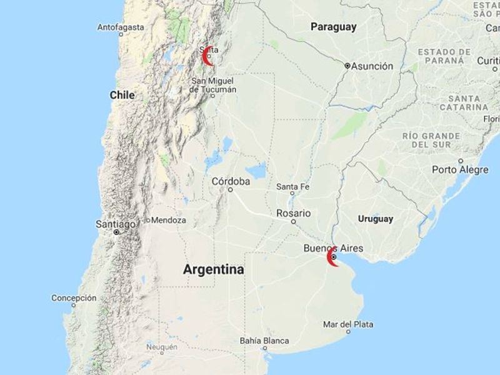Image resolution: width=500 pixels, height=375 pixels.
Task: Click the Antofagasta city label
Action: point(121,27)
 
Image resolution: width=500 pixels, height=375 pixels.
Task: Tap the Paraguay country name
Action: point(334,27)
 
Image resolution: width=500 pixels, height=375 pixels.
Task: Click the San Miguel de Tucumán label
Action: point(214,85)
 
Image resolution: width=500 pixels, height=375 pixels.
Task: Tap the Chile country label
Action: point(122,95)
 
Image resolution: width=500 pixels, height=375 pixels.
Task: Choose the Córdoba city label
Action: point(231,181)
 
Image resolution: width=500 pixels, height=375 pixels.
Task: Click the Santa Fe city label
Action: point(292,186)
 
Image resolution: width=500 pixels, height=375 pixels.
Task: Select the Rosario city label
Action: point(293,213)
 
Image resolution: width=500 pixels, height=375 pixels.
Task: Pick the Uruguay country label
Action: point(376,219)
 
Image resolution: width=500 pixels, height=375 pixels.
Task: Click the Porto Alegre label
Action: point(460,169)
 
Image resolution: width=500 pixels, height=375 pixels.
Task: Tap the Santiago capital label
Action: point(116,224)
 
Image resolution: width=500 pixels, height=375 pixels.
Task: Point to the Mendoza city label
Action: point(168,220)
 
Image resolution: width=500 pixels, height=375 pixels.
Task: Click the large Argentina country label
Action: point(213,269)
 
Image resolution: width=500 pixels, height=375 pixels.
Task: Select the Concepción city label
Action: point(74,298)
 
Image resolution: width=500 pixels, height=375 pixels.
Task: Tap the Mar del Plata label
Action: point(349,324)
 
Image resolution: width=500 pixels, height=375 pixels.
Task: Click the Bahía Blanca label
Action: point(264,341)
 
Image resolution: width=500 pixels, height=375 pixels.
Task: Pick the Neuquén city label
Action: point(161,347)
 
